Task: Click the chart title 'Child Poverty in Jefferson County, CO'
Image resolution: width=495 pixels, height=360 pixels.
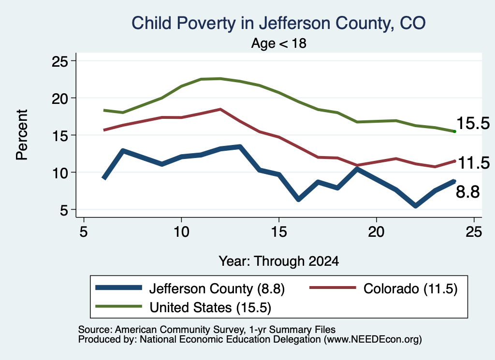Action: (278, 24)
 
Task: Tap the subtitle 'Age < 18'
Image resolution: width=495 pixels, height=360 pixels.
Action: (279, 43)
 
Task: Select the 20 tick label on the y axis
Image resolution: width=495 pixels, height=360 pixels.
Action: (60, 98)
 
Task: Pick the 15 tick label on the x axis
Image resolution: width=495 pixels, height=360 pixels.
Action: (279, 232)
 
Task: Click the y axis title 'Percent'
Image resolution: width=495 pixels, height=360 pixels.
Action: (22, 135)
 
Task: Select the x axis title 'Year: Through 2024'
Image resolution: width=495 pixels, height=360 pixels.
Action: (279, 261)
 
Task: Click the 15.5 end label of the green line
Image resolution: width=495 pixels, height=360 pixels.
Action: (473, 123)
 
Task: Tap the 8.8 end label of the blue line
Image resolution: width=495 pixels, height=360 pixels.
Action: (467, 192)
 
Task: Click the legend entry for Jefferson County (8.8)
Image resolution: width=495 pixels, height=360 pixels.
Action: (190, 288)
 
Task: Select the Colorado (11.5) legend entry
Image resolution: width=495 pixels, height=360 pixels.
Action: (383, 288)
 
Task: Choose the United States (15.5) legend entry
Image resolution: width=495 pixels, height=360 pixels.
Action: (183, 307)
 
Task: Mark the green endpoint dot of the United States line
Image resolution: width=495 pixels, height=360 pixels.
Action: (454, 131)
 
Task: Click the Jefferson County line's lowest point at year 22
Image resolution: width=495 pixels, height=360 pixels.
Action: (415, 206)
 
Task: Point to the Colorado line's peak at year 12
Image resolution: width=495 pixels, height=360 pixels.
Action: (220, 109)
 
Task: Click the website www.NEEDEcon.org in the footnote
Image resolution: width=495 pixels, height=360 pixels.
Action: (373, 340)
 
